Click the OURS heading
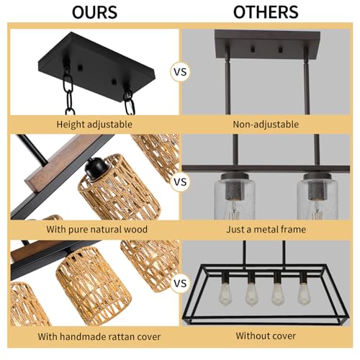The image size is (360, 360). pos(94,12)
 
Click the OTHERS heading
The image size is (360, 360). pos(266,12)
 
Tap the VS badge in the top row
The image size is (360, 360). pos(180,72)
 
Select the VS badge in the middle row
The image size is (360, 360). pos(180,181)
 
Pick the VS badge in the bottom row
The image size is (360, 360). pos(180,284)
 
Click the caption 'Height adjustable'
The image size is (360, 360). pos(94,125)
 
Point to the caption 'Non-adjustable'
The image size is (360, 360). pos(266,125)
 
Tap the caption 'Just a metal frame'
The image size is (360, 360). pos(266,230)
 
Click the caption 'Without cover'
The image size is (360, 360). pos(266,336)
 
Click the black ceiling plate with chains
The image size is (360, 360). pos(96,67)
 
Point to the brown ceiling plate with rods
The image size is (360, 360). pos(267,45)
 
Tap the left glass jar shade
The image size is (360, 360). pos(235,197)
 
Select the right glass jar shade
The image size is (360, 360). pos(318,197)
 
